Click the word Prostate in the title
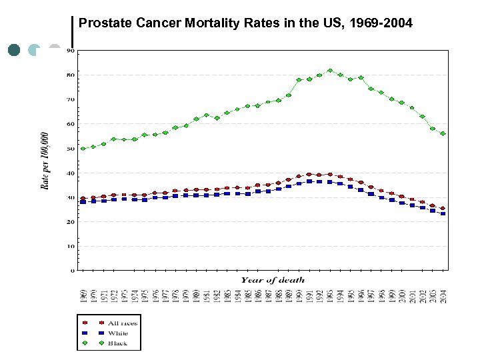click(101, 24)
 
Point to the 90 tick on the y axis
click(70, 51)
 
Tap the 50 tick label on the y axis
click(70, 149)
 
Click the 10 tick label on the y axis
click(70, 247)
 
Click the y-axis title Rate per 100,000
click(45, 160)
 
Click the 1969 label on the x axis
click(83, 296)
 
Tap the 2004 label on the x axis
click(443, 296)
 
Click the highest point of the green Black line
click(330, 70)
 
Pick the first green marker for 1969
click(83, 148)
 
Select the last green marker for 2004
click(443, 133)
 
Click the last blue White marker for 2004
click(443, 214)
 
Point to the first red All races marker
click(83, 199)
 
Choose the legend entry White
click(118, 333)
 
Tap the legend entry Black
click(117, 343)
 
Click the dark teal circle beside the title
click(14, 50)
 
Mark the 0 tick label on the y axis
click(72, 271)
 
